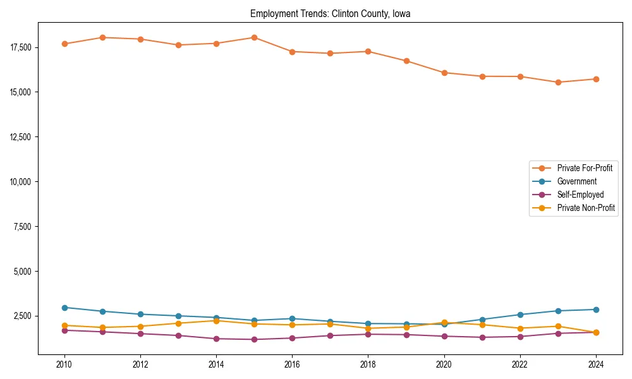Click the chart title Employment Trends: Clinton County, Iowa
coord(330,14)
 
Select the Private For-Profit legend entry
coord(584,168)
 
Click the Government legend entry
coord(576,181)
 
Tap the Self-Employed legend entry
coord(580,195)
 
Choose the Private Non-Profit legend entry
coord(586,208)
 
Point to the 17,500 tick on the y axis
coord(21,47)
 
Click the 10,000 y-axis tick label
coord(21,182)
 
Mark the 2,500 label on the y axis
coord(23,316)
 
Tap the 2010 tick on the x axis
coord(64,364)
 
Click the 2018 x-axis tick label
coord(368,364)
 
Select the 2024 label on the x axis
coord(596,364)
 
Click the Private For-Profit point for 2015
coord(254,37)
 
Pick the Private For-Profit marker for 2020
coord(444,73)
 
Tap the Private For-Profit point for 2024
coord(596,79)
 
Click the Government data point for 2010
coord(64,308)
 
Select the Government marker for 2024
coord(596,310)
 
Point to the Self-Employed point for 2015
coord(254,339)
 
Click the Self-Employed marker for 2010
coord(64,330)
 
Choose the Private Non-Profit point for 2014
coord(216,321)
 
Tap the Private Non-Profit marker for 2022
coord(520,328)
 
